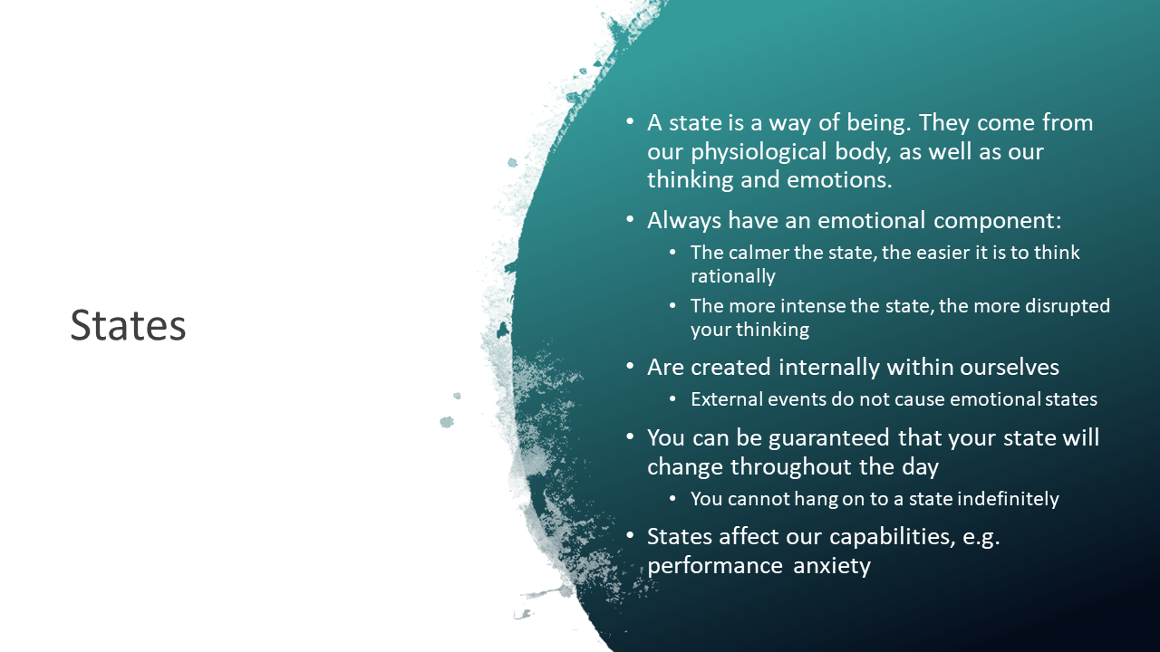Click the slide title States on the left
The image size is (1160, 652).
click(x=128, y=326)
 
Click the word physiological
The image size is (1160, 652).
click(x=760, y=151)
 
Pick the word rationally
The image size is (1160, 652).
click(x=732, y=275)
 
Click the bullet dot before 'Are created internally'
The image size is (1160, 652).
click(x=631, y=367)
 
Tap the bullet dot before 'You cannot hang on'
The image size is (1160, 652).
click(x=672, y=498)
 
